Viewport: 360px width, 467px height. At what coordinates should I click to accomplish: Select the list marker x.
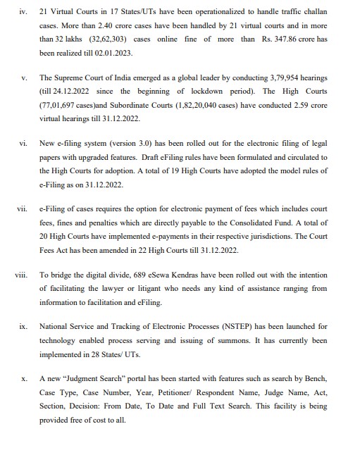tap(24, 378)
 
